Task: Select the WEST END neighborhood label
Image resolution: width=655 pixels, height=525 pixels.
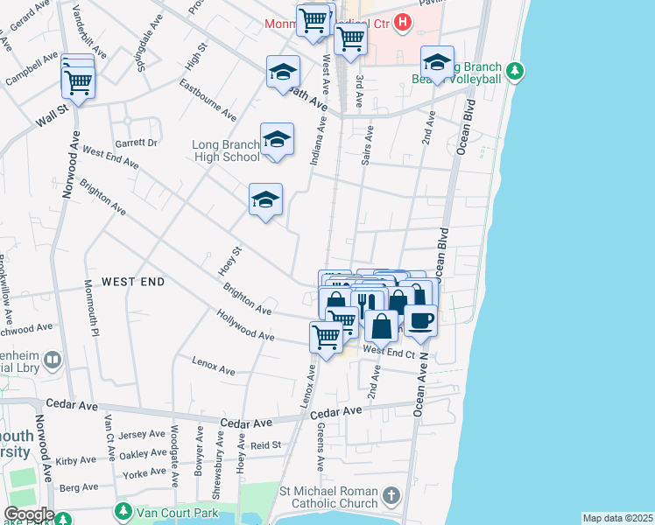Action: [x=133, y=282]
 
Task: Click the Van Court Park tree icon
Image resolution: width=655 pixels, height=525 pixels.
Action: [x=123, y=510]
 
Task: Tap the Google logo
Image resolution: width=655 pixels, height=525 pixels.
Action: [x=29, y=514]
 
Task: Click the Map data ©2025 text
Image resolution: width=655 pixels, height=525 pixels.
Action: [x=617, y=518]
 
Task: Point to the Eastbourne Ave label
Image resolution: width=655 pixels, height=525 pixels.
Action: [x=208, y=101]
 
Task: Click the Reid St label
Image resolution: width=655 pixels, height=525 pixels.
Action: [x=265, y=444]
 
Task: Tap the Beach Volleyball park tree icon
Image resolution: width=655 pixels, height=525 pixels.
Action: [x=517, y=70]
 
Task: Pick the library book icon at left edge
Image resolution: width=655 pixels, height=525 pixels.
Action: [x=53, y=360]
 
